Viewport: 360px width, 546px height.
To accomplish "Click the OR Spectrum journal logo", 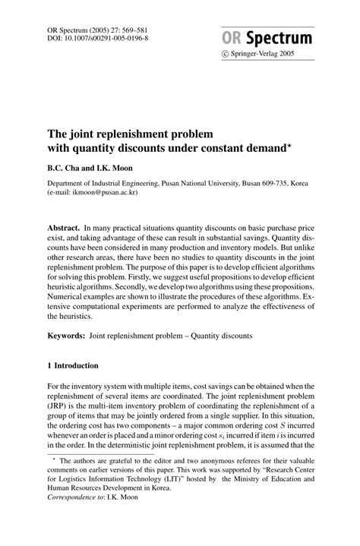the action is (278, 38).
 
